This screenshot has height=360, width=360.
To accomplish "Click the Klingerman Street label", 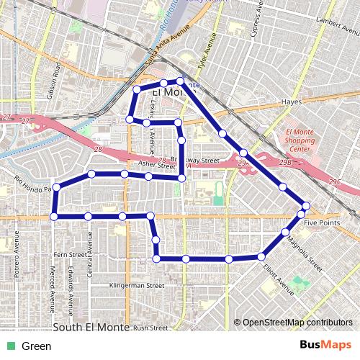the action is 136,286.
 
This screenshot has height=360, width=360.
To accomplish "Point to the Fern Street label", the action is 70,254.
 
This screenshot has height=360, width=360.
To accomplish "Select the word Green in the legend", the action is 36,346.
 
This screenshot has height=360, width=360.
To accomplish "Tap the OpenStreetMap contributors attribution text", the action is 297,323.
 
